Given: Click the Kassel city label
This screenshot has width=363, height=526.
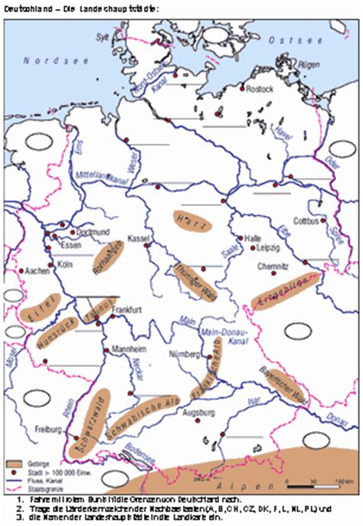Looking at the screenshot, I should click(x=139, y=238).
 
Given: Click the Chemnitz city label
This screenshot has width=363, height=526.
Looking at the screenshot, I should click(x=273, y=266).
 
